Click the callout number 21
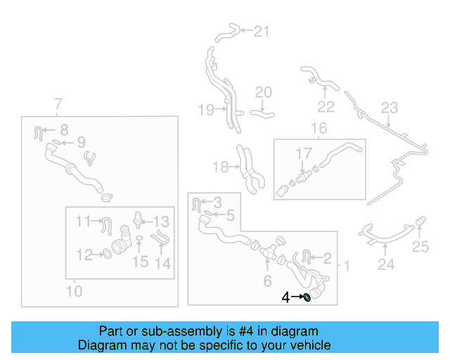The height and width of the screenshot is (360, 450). (262, 31)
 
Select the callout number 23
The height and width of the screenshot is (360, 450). (390, 108)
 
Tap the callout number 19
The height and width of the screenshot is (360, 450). (205, 110)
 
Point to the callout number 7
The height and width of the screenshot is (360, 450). (58, 104)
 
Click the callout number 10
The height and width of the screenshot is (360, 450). (74, 290)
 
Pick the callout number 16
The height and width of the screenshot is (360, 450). (319, 129)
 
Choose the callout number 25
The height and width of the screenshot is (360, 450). (420, 246)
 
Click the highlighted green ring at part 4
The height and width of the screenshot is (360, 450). (307, 297)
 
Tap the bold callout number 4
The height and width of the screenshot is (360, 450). (285, 297)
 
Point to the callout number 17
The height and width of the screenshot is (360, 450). (303, 153)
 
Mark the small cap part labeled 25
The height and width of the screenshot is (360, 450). (420, 224)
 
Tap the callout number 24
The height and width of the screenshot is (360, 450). (385, 265)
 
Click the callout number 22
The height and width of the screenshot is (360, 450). (325, 106)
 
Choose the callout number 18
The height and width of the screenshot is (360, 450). (220, 167)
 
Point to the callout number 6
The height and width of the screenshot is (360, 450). (266, 282)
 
